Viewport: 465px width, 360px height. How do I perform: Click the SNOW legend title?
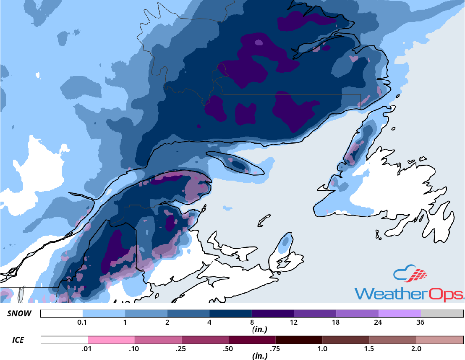(x=19, y=314)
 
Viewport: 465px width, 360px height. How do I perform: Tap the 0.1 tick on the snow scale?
(x=83, y=323)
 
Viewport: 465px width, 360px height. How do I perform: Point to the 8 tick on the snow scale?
(x=252, y=323)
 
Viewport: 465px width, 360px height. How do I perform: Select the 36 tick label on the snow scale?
(x=421, y=323)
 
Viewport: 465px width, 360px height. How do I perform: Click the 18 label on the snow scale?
(x=336, y=323)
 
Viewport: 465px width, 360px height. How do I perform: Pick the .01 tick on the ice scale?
(x=88, y=348)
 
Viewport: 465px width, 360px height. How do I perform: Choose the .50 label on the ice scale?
(x=228, y=348)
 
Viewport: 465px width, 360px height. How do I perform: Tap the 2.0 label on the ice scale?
(x=416, y=348)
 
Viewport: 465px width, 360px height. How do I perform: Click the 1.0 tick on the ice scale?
(x=322, y=348)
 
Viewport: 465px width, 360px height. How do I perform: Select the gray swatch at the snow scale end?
(x=441, y=314)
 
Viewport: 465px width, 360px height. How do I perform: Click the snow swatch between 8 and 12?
(x=273, y=314)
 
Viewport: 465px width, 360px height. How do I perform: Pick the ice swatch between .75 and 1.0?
(x=299, y=339)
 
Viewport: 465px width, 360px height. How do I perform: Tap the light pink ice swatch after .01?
(x=111, y=339)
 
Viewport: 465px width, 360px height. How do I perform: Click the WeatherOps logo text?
(x=409, y=292)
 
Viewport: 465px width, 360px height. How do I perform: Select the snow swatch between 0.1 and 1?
(x=104, y=314)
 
